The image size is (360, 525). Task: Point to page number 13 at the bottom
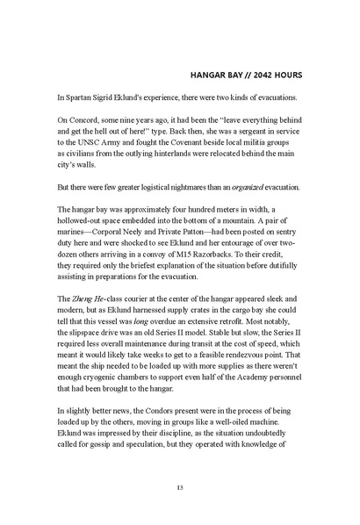click(x=180, y=487)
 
